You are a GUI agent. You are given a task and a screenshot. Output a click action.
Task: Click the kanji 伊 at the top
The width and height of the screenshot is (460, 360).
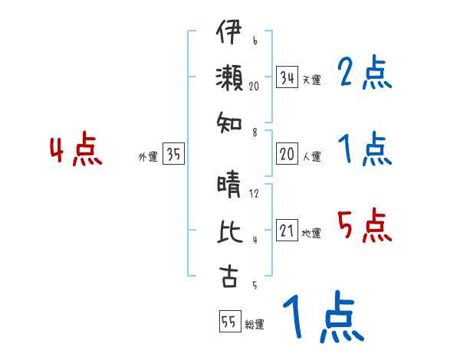pos(228,35)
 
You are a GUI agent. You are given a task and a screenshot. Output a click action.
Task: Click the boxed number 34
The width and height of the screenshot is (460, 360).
pos(287,77)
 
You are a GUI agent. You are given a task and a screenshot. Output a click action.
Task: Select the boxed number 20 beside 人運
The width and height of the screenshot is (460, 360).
pos(287,154)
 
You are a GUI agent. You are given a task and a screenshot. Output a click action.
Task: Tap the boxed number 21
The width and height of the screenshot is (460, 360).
pos(287,231)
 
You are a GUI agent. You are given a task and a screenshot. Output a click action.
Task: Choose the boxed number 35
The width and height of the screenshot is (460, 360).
pos(173,154)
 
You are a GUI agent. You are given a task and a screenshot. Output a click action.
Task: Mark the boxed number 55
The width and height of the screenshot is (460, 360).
pos(228,322)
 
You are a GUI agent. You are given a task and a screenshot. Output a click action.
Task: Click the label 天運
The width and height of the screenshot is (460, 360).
pos(311,80)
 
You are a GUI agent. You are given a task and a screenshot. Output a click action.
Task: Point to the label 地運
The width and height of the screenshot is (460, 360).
pos(311,233)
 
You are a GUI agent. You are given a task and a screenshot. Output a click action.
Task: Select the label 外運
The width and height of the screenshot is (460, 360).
pos(147,156)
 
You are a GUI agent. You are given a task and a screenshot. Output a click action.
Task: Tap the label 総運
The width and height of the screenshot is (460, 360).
pos(255,324)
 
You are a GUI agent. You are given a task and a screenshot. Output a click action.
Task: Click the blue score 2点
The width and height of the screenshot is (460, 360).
pos(365,74)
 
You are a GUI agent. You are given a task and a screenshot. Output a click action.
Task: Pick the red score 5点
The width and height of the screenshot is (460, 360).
pos(365,226)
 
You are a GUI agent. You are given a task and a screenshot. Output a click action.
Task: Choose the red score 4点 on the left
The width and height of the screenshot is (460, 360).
pos(76,151)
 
